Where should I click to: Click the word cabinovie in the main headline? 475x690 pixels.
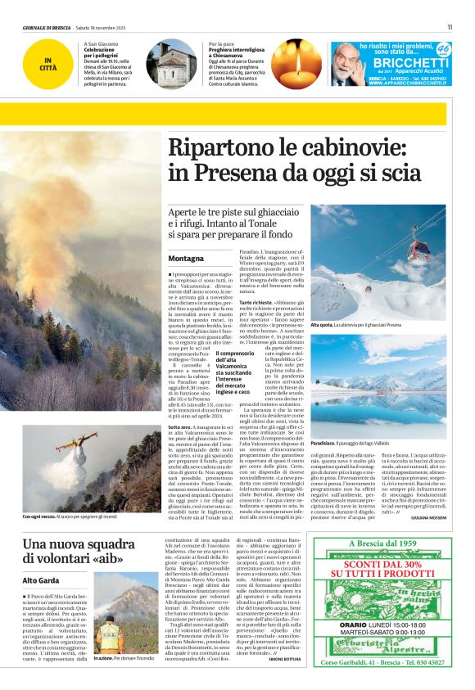click(x=369, y=150)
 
